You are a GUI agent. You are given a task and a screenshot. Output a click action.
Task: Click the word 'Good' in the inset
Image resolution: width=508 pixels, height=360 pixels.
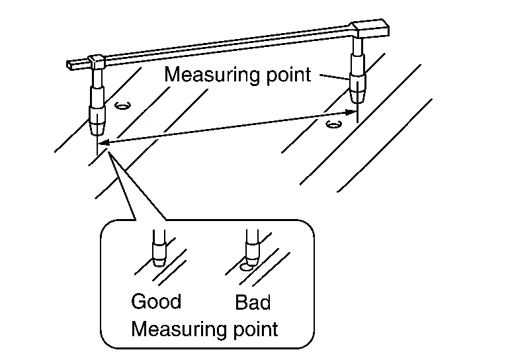click(156, 302)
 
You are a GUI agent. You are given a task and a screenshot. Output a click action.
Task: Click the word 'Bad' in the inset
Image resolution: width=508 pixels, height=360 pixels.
click(253, 303)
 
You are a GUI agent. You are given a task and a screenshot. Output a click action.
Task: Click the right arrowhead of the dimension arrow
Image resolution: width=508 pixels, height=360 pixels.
click(351, 112)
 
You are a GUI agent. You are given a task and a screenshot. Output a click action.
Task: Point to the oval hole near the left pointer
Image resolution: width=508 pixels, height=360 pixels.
click(122, 105)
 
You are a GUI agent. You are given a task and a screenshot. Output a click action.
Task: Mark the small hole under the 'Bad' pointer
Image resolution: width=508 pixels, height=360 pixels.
click(246, 267)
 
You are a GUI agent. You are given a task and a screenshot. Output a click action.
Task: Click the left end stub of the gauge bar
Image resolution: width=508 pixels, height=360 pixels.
click(74, 64)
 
